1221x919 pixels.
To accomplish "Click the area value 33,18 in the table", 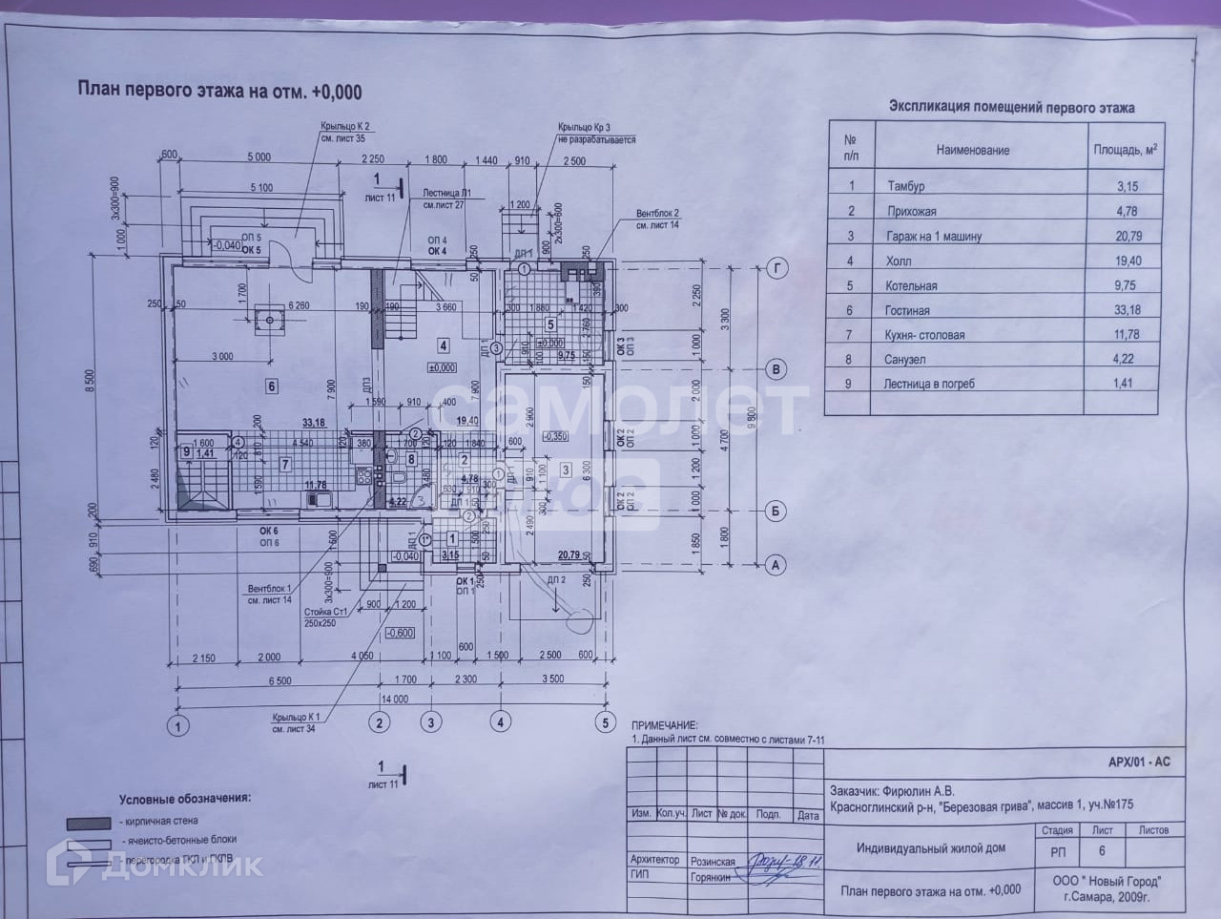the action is click(1119, 310).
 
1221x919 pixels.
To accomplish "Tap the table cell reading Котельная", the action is click(911, 285).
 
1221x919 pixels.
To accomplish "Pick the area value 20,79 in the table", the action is click(1119, 236).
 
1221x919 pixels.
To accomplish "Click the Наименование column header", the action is click(972, 150).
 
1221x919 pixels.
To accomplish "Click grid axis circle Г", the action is click(777, 269).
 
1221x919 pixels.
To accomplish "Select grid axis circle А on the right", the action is click(776, 565).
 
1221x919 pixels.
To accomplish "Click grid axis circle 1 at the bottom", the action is click(176, 727).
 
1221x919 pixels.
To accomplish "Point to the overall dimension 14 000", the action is click(394, 699).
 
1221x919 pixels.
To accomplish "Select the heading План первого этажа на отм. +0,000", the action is click(219, 92).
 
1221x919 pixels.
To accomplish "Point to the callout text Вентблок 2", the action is click(657, 214).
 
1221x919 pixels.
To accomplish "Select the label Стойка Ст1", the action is click(325, 612).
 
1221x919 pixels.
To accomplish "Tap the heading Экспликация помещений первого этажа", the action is click(1011, 108).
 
